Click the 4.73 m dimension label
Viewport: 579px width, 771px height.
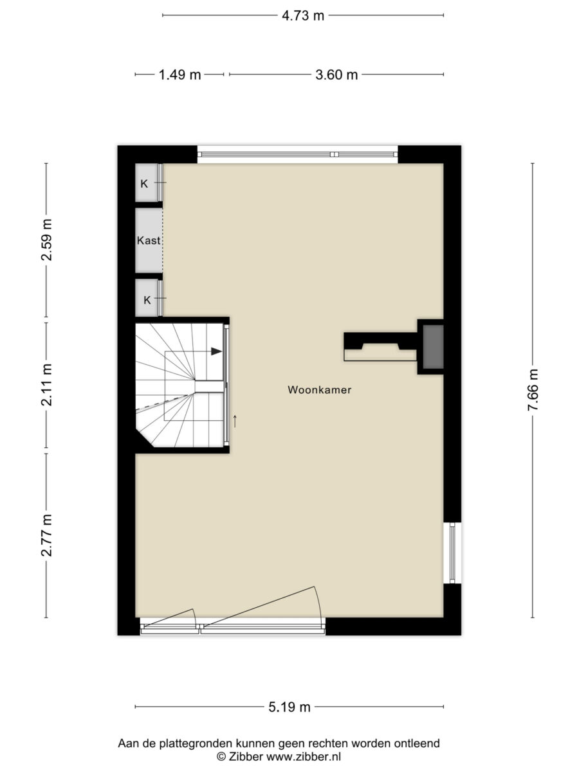click(x=302, y=16)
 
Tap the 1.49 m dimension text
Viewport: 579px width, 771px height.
click(x=179, y=75)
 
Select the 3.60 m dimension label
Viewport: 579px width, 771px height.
click(x=336, y=75)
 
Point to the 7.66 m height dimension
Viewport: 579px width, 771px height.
click(x=533, y=389)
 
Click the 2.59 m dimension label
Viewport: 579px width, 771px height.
click(x=46, y=240)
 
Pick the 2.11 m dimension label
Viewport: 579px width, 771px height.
click(x=46, y=385)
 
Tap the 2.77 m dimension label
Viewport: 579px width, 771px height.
click(x=46, y=535)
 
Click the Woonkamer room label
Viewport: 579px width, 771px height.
click(x=320, y=390)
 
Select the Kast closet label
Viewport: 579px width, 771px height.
click(x=149, y=240)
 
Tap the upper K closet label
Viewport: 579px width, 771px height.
click(x=144, y=184)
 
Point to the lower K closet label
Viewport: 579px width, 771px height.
click(x=147, y=300)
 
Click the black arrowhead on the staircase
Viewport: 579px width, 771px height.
click(x=216, y=351)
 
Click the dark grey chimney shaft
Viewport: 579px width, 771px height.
click(x=433, y=347)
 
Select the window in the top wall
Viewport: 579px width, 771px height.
click(x=297, y=155)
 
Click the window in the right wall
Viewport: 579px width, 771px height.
click(x=452, y=553)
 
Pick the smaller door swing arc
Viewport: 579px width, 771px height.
click(x=194, y=616)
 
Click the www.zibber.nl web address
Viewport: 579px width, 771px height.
click(x=304, y=756)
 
